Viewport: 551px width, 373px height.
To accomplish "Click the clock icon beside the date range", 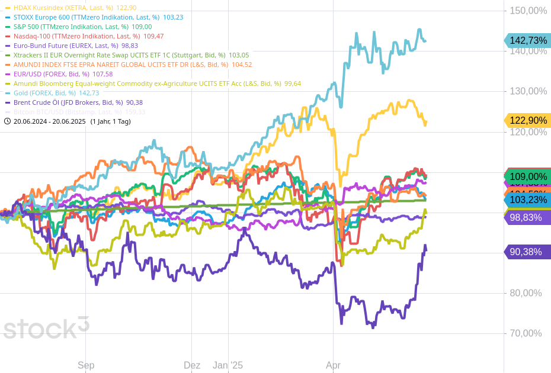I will (7, 121).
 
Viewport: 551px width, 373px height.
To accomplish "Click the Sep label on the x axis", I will (86, 365).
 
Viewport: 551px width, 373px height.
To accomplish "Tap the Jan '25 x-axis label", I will (228, 365).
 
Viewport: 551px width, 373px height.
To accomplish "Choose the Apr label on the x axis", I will (334, 365).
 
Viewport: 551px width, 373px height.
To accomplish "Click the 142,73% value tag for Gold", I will (528, 40).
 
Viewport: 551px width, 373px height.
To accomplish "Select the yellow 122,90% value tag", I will (528, 121).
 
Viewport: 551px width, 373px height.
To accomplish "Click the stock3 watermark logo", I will (46, 327).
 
